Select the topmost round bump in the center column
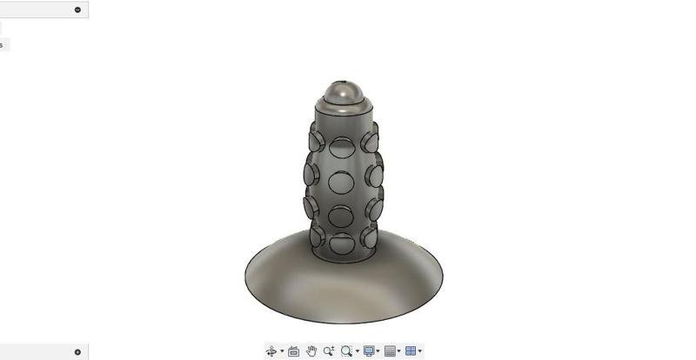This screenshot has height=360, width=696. [343, 146]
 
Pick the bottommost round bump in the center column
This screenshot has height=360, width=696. [343, 243]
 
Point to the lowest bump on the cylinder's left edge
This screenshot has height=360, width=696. [316, 236]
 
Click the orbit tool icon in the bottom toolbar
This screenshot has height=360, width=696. [271, 351]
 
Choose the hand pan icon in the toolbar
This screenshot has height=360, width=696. [311, 351]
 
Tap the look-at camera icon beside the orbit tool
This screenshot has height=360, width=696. [293, 351]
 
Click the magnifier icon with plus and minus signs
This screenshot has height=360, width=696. [328, 351]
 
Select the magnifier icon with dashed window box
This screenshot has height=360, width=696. [346, 351]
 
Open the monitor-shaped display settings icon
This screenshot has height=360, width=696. [369, 351]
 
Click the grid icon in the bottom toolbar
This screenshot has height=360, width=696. [390, 351]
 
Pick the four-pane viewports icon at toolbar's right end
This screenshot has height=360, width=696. [411, 351]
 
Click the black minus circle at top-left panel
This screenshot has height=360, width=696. [77, 10]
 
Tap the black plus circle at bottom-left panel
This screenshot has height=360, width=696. [77, 352]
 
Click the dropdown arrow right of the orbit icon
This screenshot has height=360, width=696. [282, 352]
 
